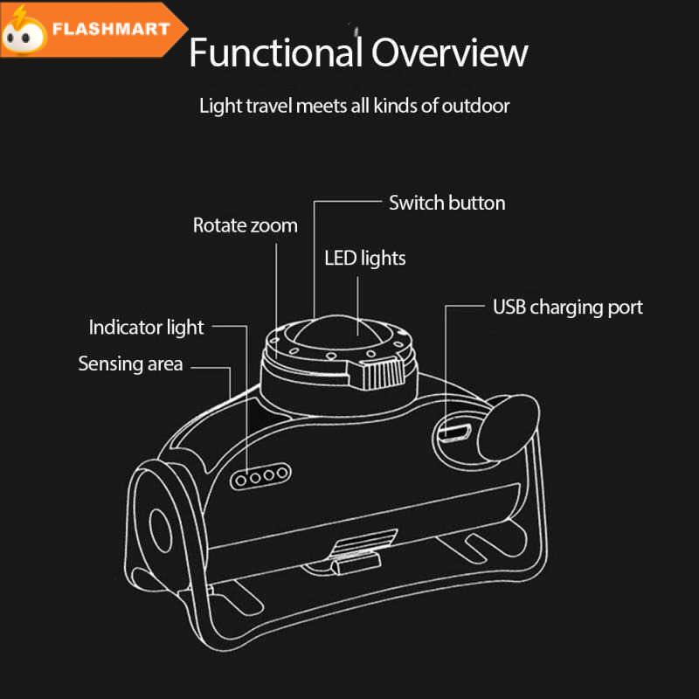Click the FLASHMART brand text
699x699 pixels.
pos(111,30)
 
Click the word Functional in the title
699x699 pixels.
pos(276,52)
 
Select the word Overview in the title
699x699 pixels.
pos(450,52)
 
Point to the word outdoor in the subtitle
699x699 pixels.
pos(475,106)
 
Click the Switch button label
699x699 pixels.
pos(447,203)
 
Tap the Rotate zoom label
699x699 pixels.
pos(246,225)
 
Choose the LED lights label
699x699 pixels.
pos(365,258)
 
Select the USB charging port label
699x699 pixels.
pos(568,308)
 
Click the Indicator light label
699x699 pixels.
pos(146,327)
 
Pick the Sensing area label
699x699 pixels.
pos(130,363)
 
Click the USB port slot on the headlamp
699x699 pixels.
pos(454,433)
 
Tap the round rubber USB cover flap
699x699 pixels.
pos(509,428)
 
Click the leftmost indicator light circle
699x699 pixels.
pos(241,480)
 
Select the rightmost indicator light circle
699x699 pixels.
pos(281,473)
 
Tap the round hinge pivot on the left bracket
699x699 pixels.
pos(161,531)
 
